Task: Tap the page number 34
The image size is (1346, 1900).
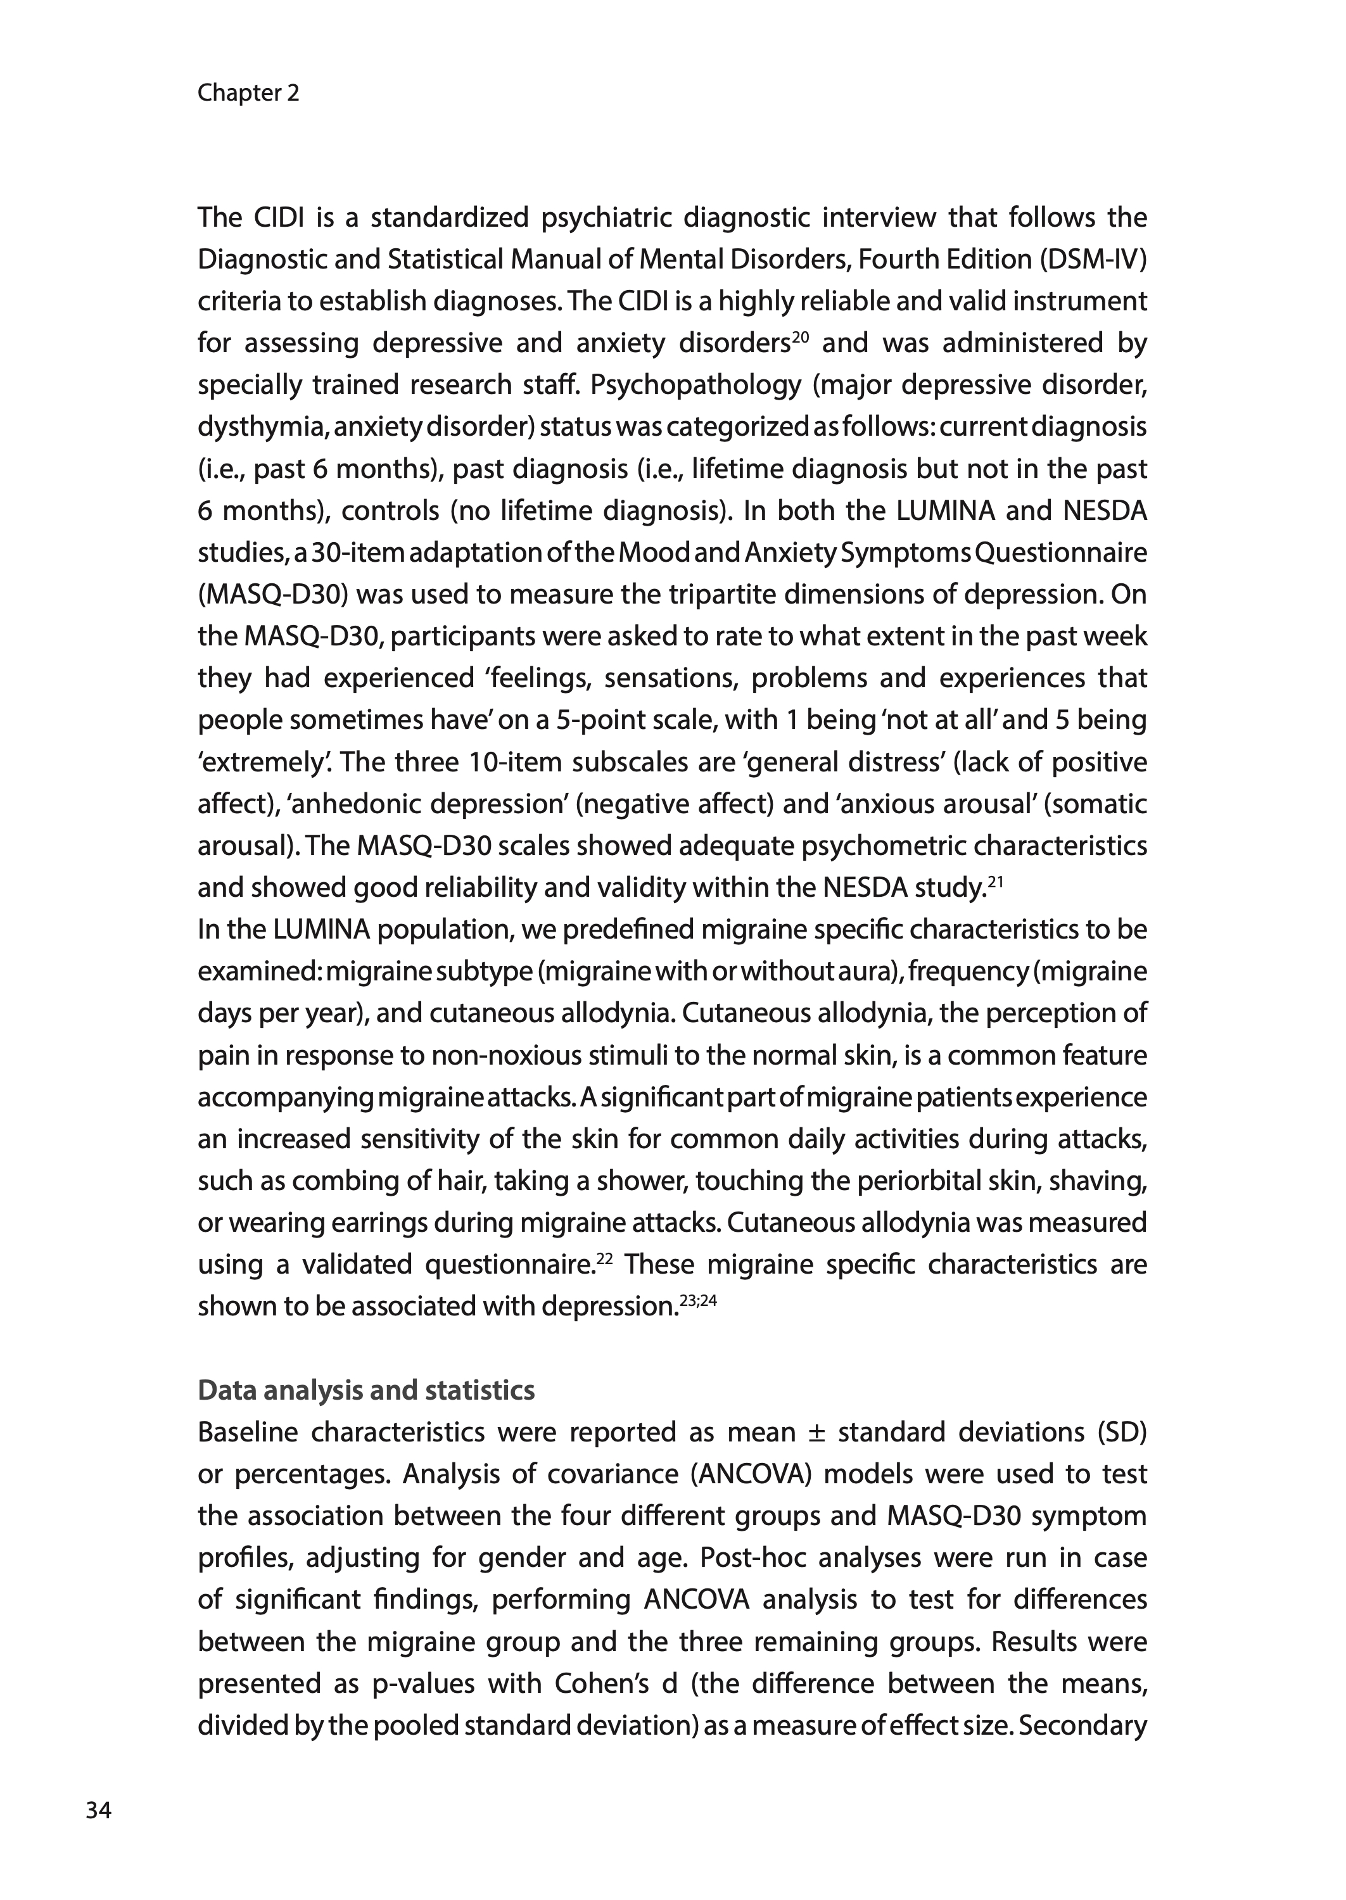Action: pyautogui.click(x=98, y=1811)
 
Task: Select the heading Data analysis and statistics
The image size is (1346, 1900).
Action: pyautogui.click(x=365, y=1390)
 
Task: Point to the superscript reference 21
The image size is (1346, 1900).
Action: pyautogui.click(x=996, y=882)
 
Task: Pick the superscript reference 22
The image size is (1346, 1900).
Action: pyautogui.click(x=604, y=1258)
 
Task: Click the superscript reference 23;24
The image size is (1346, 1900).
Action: pyautogui.click(x=698, y=1300)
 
